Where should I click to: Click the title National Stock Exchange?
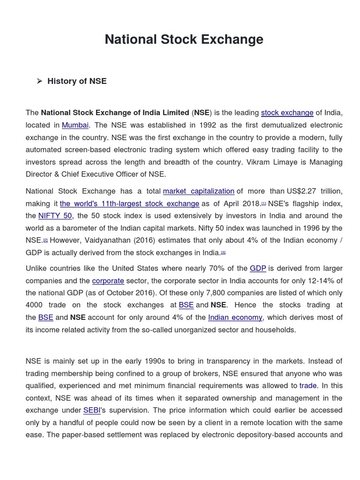(184, 39)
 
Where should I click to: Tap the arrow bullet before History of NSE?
(40, 81)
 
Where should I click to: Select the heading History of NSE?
(77, 81)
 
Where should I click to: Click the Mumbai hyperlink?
(75, 125)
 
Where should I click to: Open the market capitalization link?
(198, 191)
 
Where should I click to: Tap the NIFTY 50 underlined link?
(55, 216)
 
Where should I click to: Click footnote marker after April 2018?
(264, 203)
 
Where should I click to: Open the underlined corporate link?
(108, 281)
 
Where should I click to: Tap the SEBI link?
(92, 410)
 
